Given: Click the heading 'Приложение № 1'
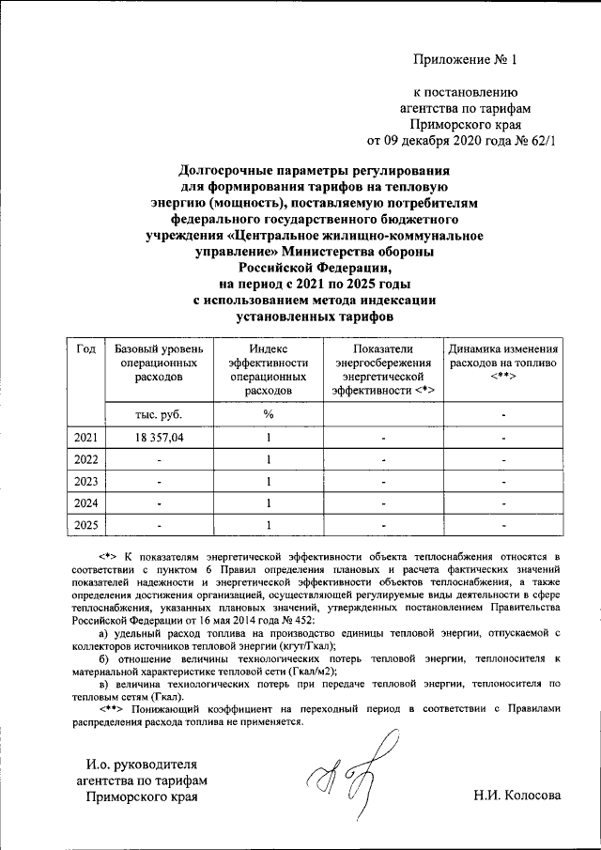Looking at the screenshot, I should click(466, 60).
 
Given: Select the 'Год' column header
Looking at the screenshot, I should click(85, 349).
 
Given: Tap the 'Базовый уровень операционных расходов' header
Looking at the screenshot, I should click(157, 363).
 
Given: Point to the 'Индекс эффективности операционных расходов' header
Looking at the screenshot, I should click(268, 369).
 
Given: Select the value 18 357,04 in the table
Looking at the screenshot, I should click(157, 438).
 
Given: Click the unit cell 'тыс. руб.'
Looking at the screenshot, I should click(157, 414).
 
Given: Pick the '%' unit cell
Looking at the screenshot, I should click(268, 414).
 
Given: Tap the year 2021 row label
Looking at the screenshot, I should click(85, 438).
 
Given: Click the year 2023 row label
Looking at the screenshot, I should click(85, 481).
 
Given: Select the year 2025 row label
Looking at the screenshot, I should click(85, 524).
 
